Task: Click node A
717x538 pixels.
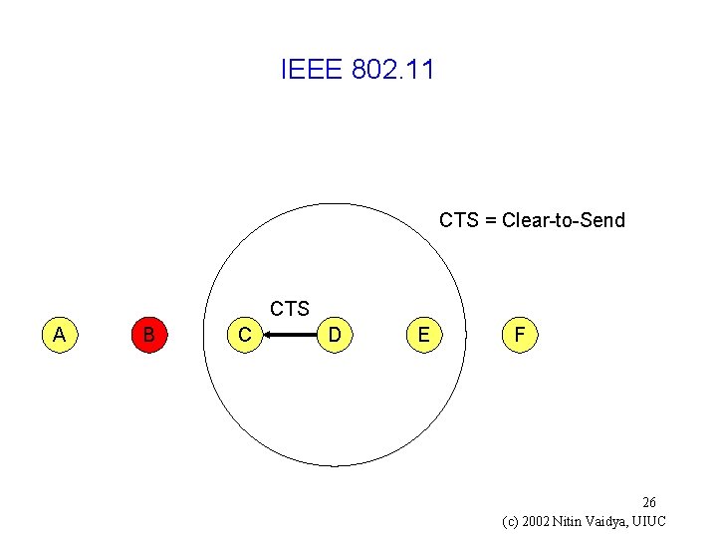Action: (x=60, y=335)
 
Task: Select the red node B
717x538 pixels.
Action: (x=148, y=335)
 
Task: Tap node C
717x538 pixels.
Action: (x=245, y=336)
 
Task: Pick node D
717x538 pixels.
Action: (x=336, y=336)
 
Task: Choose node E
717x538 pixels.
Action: (x=424, y=336)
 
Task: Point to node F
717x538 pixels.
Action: (x=519, y=336)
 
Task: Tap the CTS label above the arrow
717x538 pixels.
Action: (x=290, y=309)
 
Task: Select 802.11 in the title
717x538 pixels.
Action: (x=393, y=71)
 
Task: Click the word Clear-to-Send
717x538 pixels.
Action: (x=564, y=220)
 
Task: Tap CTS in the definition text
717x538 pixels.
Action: (x=458, y=220)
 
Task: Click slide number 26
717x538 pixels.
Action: (x=648, y=502)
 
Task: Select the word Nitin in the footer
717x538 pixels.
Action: (x=573, y=521)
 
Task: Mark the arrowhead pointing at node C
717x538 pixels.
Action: (x=269, y=336)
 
